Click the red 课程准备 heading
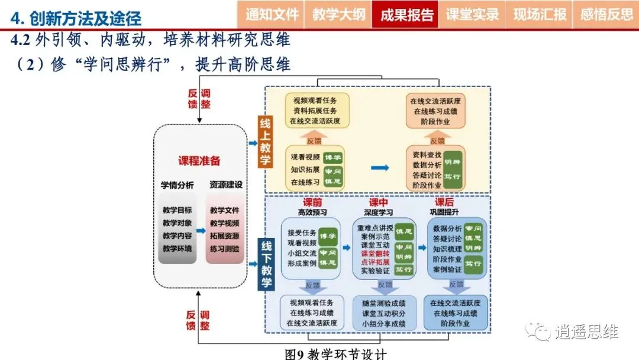(199, 160)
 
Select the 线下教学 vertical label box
(266, 264)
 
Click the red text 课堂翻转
(375, 253)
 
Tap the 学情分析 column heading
(177, 185)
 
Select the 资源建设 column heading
(225, 185)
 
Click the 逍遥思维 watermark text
(586, 332)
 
